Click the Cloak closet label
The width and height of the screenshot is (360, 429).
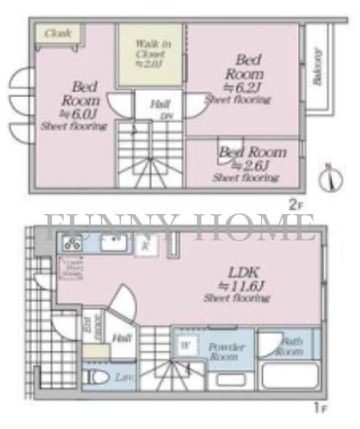click(x=57, y=34)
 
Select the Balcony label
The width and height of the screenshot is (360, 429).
click(x=317, y=67)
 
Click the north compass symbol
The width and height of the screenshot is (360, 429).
click(x=332, y=178)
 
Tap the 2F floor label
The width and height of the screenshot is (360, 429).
click(x=295, y=205)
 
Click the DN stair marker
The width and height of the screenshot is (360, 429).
click(x=166, y=115)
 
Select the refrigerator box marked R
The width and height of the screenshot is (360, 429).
click(x=145, y=247)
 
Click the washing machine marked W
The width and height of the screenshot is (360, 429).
click(x=185, y=343)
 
